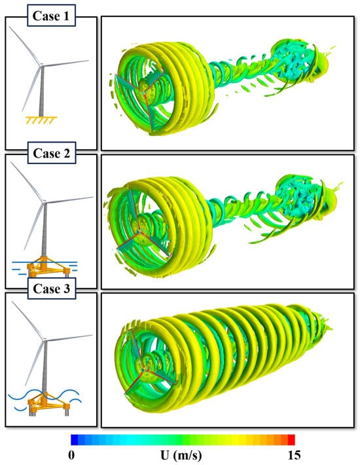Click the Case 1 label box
[x=51, y=16]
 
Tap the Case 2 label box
[x=51, y=153]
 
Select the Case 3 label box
[x=51, y=288]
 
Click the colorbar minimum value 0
[x=71, y=455]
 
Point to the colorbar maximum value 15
[x=294, y=455]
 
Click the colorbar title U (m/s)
[x=181, y=455]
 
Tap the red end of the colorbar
[x=291, y=439]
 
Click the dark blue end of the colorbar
[x=74, y=439]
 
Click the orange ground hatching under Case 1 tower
[x=41, y=120]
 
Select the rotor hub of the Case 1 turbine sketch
[x=41, y=65]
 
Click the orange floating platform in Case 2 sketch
[x=48, y=266]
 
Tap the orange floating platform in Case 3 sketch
[x=48, y=404]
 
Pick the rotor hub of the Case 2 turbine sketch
[x=45, y=202]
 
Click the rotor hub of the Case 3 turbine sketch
[x=45, y=339]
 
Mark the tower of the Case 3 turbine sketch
[x=45, y=367]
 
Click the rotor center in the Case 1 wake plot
[x=144, y=94]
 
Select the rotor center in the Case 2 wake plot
[x=139, y=231]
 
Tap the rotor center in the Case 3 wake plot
[x=143, y=370]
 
